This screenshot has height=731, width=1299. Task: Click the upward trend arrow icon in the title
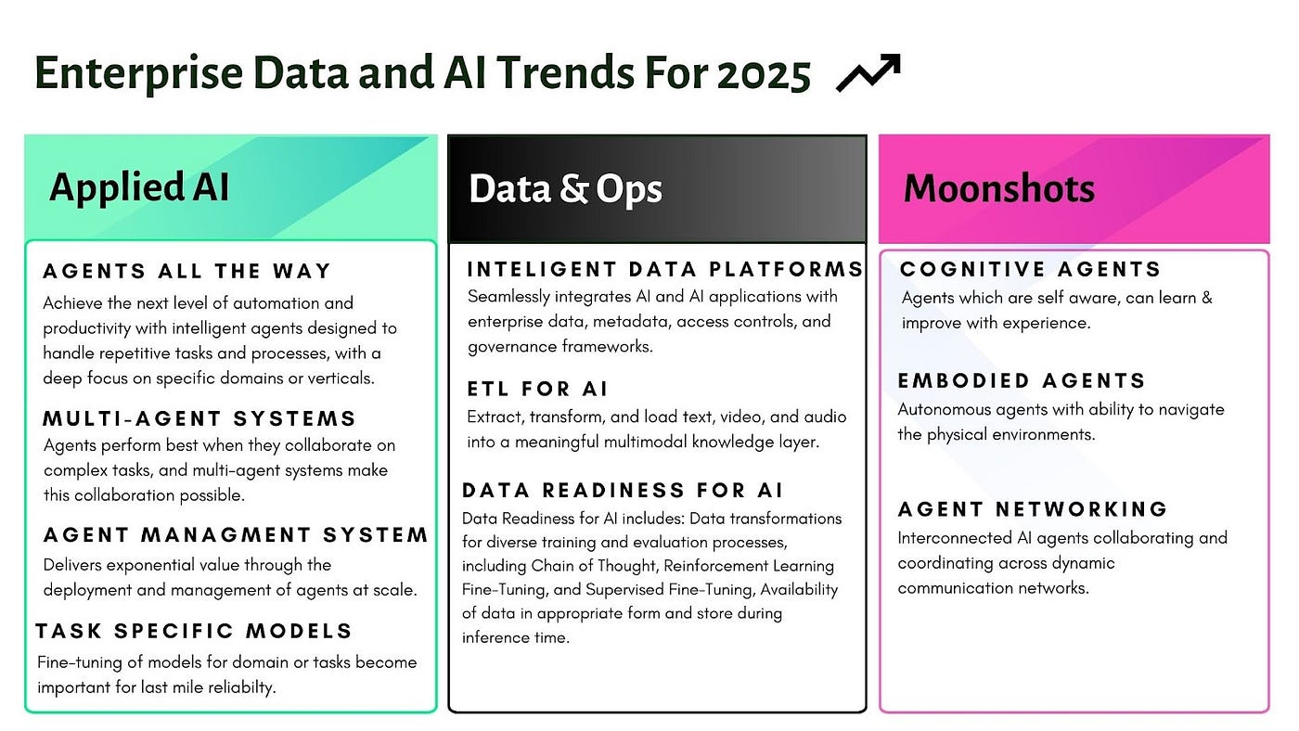(x=868, y=72)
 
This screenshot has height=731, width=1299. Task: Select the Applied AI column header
(x=139, y=187)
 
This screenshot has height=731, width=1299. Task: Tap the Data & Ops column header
(x=565, y=189)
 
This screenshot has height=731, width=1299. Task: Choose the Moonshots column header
(x=999, y=189)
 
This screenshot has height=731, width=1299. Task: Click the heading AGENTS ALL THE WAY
(x=186, y=272)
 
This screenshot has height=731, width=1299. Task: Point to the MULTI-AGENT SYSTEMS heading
(x=199, y=418)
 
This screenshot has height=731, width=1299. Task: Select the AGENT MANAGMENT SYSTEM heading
(x=236, y=535)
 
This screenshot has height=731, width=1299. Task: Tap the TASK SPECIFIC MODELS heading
(x=194, y=632)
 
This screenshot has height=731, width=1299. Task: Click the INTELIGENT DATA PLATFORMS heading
(x=664, y=270)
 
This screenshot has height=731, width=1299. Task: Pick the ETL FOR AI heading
(x=537, y=389)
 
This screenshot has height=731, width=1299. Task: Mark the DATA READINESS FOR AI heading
(x=623, y=490)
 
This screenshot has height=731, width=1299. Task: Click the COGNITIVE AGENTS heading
(x=1030, y=270)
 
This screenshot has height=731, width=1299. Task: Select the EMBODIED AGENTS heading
(x=1022, y=381)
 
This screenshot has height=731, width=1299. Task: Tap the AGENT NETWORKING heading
(x=1033, y=509)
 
